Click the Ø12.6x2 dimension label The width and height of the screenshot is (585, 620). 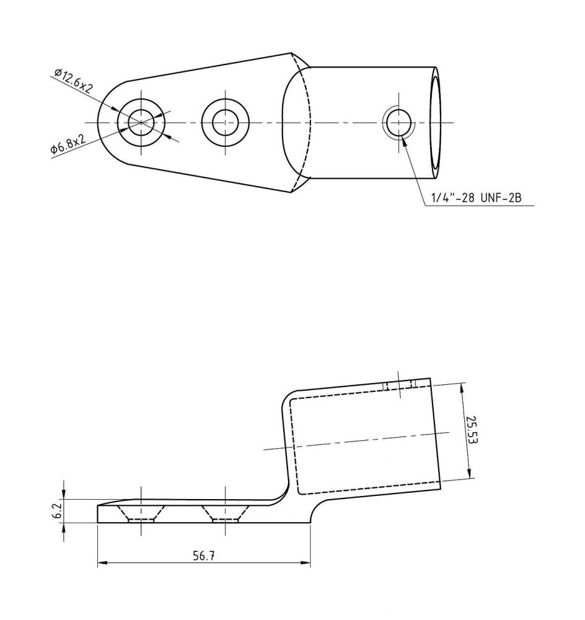tap(74, 81)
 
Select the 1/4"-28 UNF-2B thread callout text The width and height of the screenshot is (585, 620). tap(477, 198)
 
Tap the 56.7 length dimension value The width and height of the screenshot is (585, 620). tap(204, 556)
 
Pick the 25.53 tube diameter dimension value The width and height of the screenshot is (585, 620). tap(472, 430)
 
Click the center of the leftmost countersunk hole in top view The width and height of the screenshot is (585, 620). tap(141, 123)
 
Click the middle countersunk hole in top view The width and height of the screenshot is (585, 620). tap(226, 123)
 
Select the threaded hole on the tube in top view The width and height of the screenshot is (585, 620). tap(399, 123)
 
